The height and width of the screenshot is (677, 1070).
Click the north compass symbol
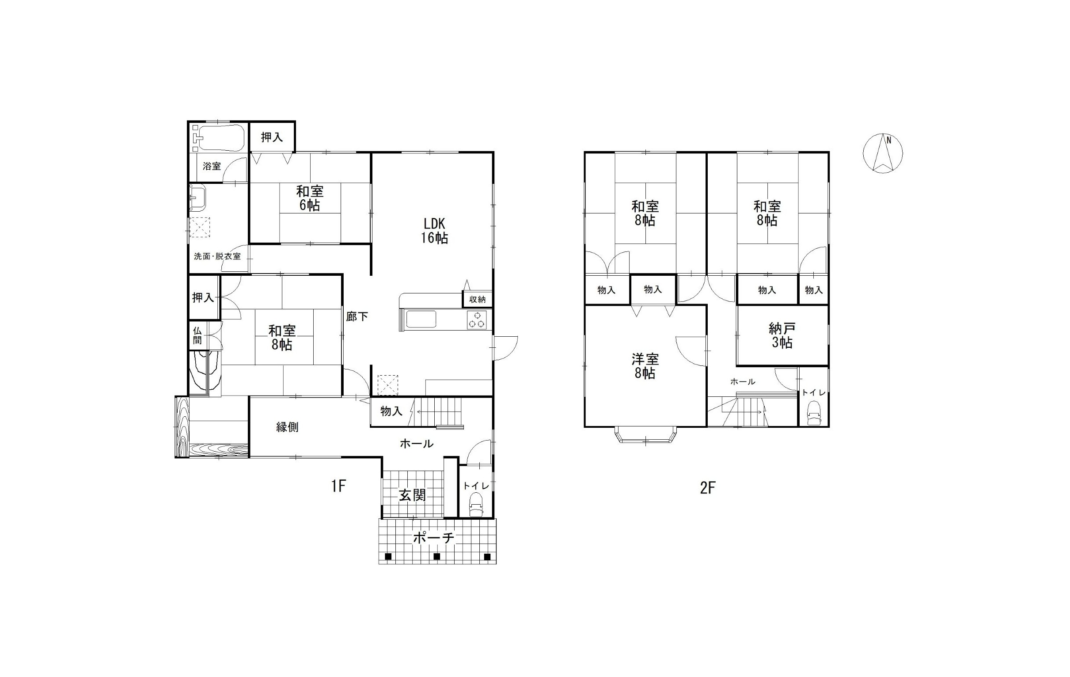(883, 153)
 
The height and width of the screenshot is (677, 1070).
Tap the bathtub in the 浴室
(219, 138)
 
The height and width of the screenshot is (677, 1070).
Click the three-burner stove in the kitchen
(477, 320)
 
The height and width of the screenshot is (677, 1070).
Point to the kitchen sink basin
(421, 320)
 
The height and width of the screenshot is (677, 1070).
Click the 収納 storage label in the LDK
(478, 300)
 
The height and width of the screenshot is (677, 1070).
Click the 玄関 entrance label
(412, 495)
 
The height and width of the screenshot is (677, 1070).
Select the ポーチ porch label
(434, 538)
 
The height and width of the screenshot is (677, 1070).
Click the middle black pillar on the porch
(437, 556)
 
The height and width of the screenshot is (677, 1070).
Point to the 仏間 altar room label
(197, 335)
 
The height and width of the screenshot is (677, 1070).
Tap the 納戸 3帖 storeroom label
(782, 335)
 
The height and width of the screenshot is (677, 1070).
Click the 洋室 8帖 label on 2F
(645, 366)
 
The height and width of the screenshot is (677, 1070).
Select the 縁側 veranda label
(287, 427)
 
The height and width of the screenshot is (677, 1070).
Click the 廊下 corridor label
(357, 316)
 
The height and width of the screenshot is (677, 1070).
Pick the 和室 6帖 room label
(310, 198)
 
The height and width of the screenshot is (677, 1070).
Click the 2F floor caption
(708, 488)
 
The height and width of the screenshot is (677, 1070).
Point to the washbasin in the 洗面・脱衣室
(198, 198)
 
